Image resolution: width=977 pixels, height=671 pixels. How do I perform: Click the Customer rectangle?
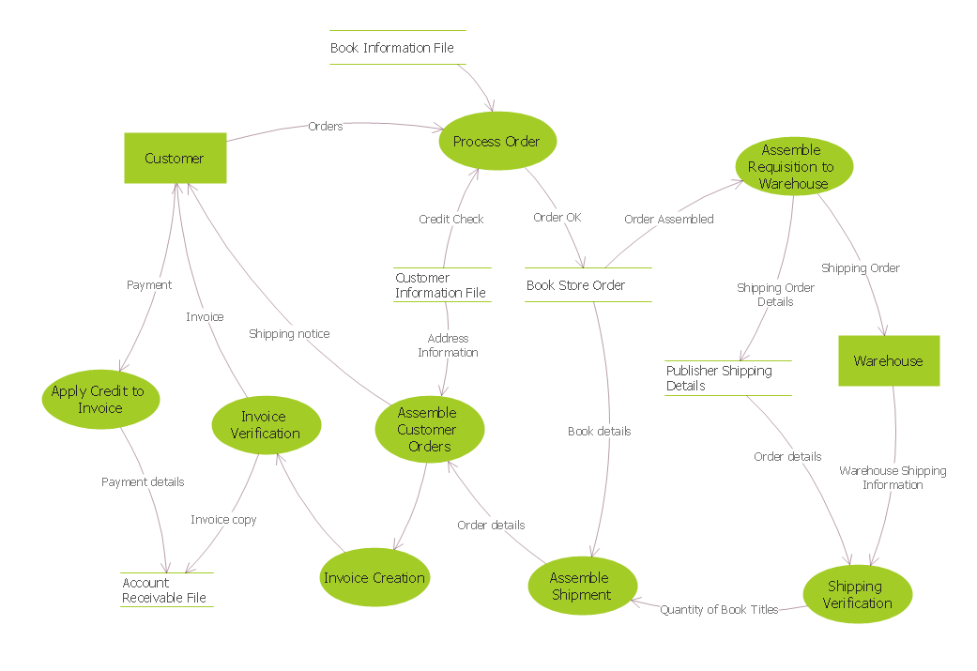(176, 158)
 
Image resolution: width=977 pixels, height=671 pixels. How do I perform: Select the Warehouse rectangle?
(888, 361)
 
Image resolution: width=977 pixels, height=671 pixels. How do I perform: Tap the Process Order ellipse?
(497, 142)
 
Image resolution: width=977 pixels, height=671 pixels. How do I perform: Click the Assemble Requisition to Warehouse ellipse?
(793, 167)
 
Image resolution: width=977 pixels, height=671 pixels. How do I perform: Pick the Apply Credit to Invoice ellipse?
(100, 400)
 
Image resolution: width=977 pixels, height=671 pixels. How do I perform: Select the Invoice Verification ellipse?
(267, 425)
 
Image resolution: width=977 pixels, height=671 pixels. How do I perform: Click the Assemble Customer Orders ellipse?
(429, 430)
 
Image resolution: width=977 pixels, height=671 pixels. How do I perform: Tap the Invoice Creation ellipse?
(374, 578)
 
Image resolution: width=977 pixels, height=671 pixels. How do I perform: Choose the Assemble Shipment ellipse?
(582, 587)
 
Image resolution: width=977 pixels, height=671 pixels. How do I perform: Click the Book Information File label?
(392, 48)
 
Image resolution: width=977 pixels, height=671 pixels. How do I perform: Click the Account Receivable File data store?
(166, 590)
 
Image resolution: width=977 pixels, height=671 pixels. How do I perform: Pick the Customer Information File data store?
(441, 285)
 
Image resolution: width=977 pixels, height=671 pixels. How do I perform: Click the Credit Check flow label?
(451, 220)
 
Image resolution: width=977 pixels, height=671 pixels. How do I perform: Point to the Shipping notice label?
(289, 333)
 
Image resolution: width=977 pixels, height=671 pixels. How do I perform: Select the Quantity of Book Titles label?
(719, 610)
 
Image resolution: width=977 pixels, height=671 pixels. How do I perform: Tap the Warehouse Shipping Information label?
(893, 478)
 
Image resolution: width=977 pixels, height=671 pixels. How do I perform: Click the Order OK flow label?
(557, 218)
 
